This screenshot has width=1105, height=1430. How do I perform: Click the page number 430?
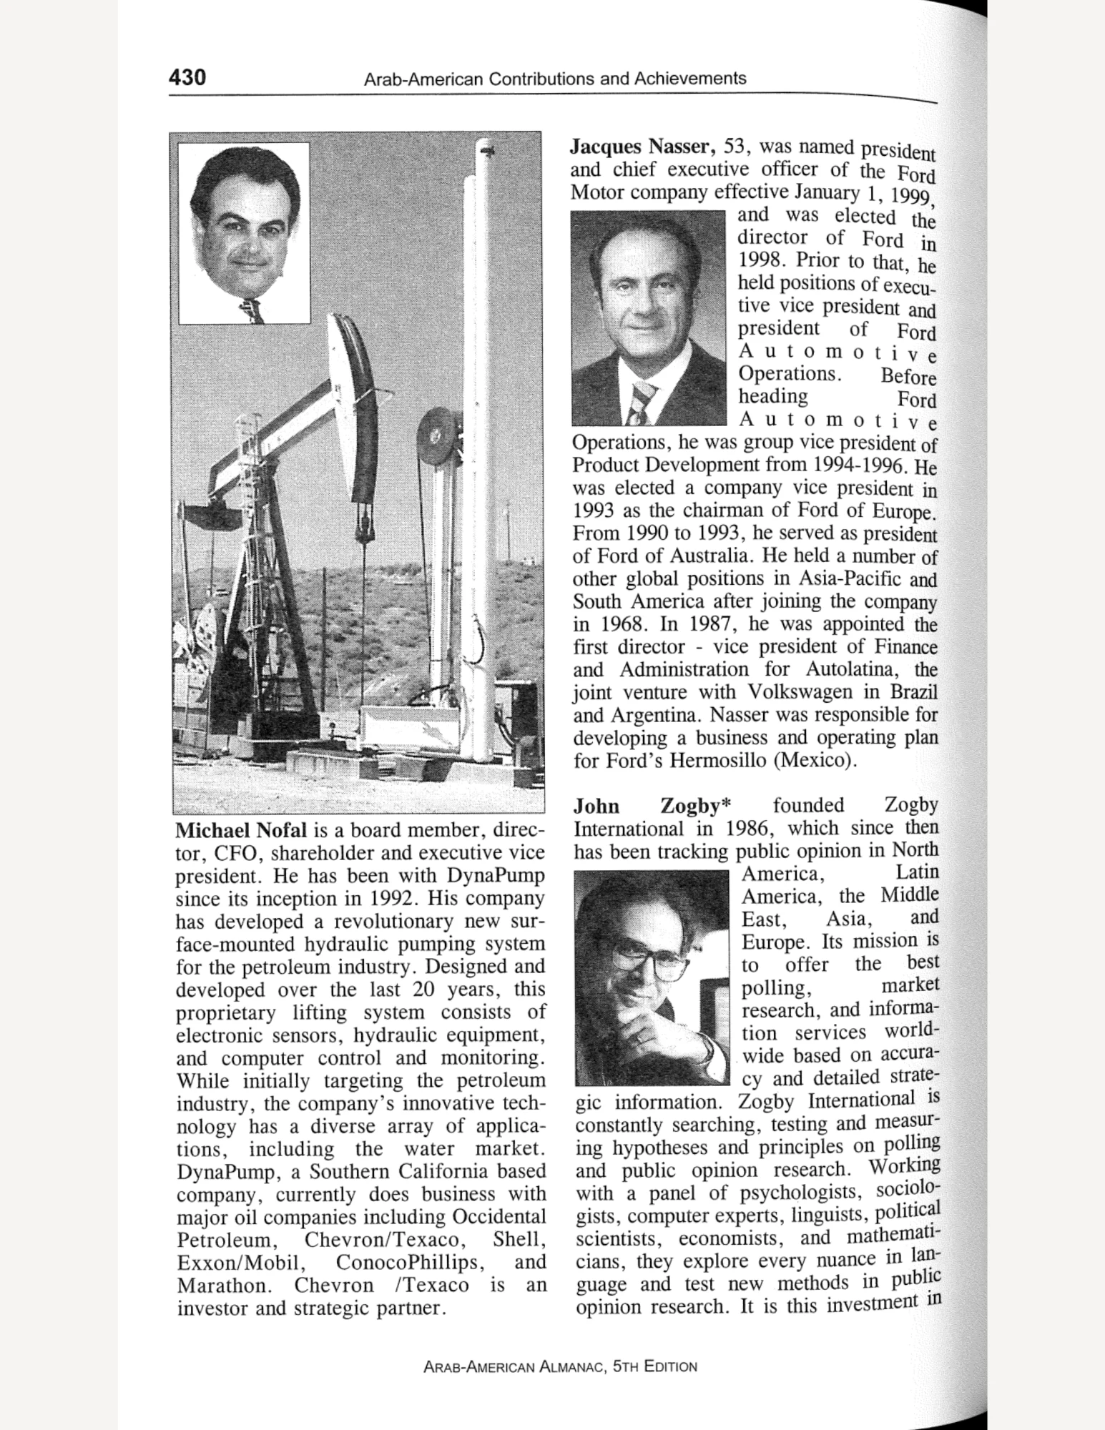tap(187, 77)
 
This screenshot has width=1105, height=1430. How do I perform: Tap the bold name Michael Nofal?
tap(241, 830)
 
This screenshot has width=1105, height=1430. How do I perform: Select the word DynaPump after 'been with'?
tap(496, 876)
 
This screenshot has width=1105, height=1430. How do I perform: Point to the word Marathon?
tap(222, 1285)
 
